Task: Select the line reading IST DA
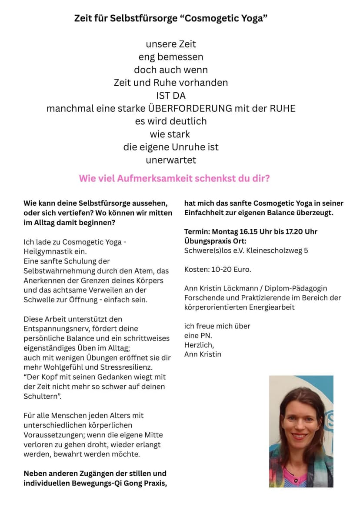[x=171, y=95]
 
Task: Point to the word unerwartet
[x=171, y=160]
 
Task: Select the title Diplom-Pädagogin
[x=293, y=288]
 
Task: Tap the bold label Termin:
[x=198, y=231]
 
